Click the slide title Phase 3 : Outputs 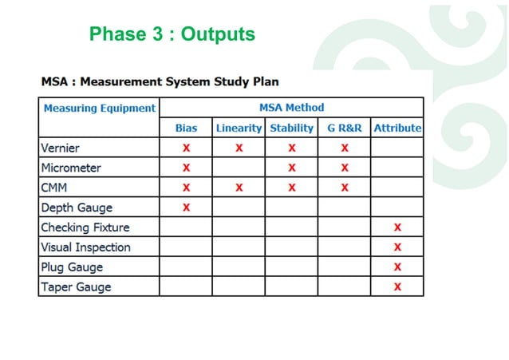pyautogui.click(x=172, y=34)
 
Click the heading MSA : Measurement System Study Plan pyautogui.click(x=160, y=81)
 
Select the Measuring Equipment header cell pyautogui.click(x=99, y=108)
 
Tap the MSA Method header pyautogui.click(x=291, y=108)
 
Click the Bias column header pyautogui.click(x=186, y=128)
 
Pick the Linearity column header pyautogui.click(x=239, y=128)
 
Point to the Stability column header pyautogui.click(x=291, y=128)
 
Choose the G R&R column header pyautogui.click(x=344, y=128)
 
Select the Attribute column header pyautogui.click(x=397, y=128)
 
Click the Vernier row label pyautogui.click(x=61, y=148)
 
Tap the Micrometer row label pyautogui.click(x=71, y=168)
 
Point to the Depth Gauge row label pyautogui.click(x=76, y=208)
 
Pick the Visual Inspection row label pyautogui.click(x=85, y=247)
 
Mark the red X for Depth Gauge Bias pyautogui.click(x=186, y=208)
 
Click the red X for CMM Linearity pyautogui.click(x=239, y=188)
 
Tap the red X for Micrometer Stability pyautogui.click(x=292, y=168)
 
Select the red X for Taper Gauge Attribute pyautogui.click(x=397, y=287)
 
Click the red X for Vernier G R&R pyautogui.click(x=345, y=148)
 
